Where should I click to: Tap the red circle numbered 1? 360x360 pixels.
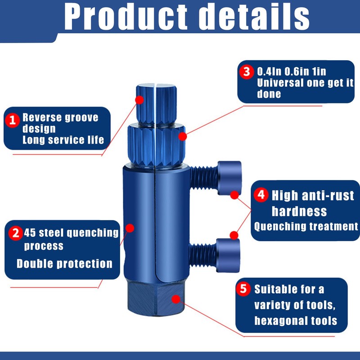tap(13, 120)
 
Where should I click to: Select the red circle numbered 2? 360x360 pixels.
tap(15, 233)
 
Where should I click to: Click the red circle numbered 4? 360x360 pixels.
tap(261, 195)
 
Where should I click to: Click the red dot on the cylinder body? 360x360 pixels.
tap(130, 228)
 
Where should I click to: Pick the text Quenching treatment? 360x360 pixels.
tap(306, 226)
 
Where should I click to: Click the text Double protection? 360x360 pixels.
tap(64, 263)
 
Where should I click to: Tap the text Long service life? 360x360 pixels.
tap(63, 139)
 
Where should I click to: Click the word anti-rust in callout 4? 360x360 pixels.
tap(326, 196)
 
